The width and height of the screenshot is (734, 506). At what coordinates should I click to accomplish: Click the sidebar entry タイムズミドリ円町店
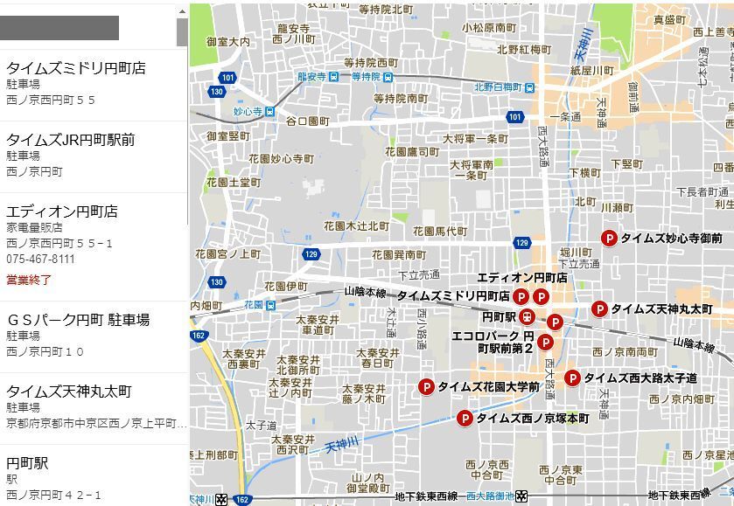[x=76, y=68]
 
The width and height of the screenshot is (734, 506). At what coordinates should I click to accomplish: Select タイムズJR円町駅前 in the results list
[x=71, y=140]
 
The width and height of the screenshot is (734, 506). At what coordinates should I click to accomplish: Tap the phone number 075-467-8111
[x=40, y=260]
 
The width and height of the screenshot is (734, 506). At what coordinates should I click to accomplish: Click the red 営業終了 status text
[x=29, y=281]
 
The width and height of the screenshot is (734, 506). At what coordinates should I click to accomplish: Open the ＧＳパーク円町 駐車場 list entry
[x=78, y=319]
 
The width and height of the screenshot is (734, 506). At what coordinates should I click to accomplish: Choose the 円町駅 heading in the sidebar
[x=27, y=462]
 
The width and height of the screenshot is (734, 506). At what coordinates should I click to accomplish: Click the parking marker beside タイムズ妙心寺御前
[x=609, y=238]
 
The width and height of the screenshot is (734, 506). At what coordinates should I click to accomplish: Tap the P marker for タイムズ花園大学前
[x=426, y=386]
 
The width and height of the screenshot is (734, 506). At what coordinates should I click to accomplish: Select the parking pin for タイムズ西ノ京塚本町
[x=465, y=419]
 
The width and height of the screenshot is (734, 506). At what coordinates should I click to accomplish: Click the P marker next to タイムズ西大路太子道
[x=572, y=378]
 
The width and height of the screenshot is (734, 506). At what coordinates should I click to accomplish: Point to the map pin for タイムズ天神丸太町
[x=599, y=308]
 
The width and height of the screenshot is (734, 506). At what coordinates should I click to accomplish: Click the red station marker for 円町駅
[x=527, y=316]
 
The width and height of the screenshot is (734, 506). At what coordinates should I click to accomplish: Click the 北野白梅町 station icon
[x=529, y=87]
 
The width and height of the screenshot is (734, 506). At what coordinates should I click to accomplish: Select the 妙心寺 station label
[x=248, y=112]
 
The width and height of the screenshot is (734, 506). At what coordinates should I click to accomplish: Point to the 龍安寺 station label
[x=311, y=77]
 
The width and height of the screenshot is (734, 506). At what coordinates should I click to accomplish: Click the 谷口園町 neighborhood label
[x=307, y=121]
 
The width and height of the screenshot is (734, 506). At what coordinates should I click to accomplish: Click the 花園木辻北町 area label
[x=356, y=225]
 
